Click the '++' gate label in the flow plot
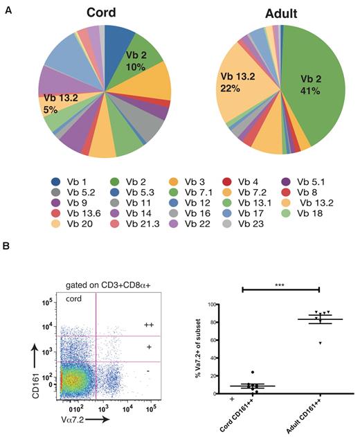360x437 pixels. [x=148, y=324]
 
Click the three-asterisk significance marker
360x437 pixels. [x=280, y=284]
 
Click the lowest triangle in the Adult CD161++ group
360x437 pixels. [x=320, y=343]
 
